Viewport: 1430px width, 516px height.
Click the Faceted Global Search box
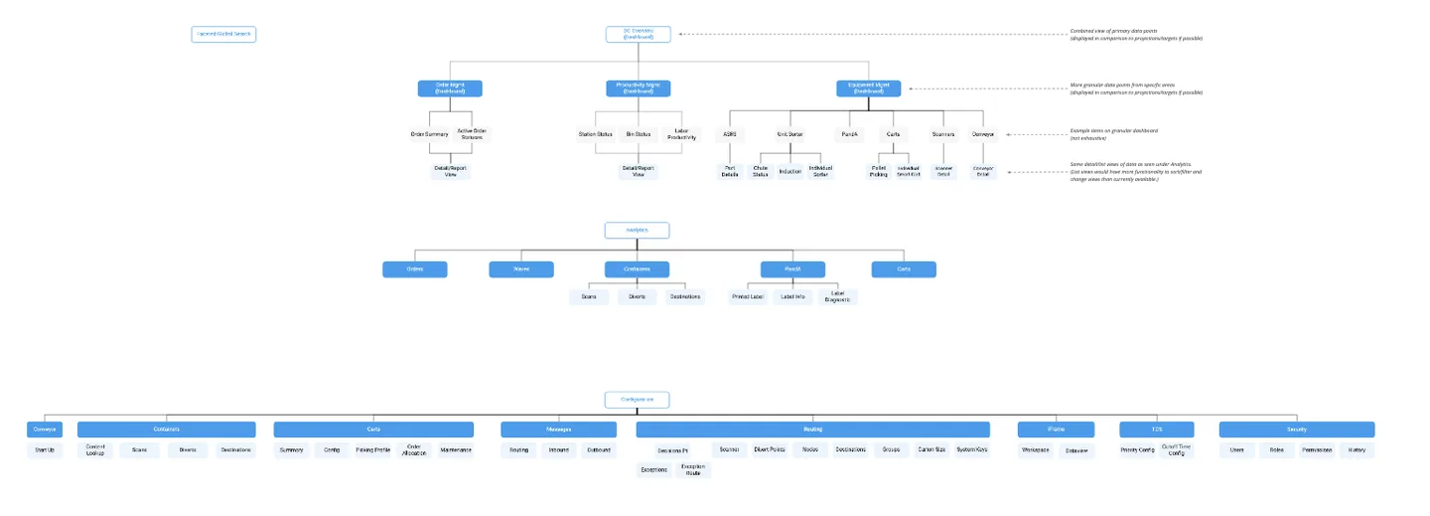tap(223, 34)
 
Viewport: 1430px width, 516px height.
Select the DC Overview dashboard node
tap(638, 34)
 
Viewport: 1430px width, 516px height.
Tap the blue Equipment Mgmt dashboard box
tap(868, 88)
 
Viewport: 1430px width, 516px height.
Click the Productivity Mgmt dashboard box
tap(638, 88)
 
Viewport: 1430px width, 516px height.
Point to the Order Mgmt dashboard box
tap(450, 88)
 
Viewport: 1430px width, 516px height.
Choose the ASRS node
tap(730, 134)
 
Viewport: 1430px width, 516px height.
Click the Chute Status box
tap(761, 171)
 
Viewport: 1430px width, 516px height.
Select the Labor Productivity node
tap(681, 134)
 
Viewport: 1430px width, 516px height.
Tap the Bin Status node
tap(638, 134)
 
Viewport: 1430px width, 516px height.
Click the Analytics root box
tap(637, 231)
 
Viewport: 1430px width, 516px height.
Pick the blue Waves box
tap(520, 269)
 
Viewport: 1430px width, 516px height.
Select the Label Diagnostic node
tap(837, 296)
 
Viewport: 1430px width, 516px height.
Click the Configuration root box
tap(637, 400)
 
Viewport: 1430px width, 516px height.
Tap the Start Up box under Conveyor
tap(45, 450)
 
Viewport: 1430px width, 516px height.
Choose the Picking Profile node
tap(372, 450)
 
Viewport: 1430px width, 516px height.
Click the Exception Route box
tap(693, 469)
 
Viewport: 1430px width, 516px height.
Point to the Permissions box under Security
tap(1317, 450)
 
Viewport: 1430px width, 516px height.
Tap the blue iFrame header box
tap(1056, 430)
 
